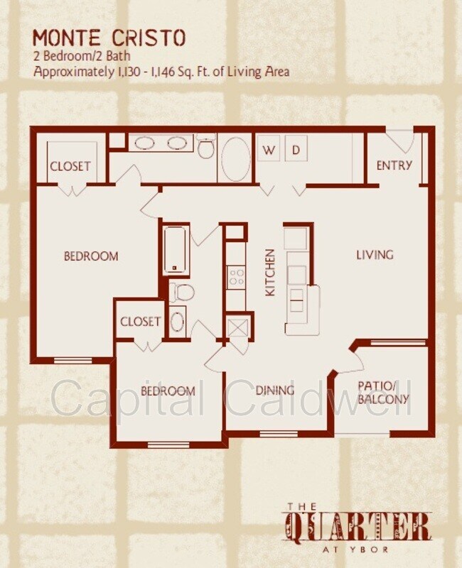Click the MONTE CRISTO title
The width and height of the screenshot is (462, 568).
[x=109, y=38]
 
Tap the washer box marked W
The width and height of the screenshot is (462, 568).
[x=269, y=148]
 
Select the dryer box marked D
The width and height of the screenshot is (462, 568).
[x=296, y=148]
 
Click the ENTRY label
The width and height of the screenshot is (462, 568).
[x=394, y=165]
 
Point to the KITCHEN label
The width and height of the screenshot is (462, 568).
[x=271, y=273]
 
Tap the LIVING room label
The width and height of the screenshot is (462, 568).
[x=375, y=255]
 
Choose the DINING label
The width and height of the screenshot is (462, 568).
[x=275, y=390]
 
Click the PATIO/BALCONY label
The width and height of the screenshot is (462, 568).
[x=383, y=393]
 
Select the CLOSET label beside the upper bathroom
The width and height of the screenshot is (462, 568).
[x=70, y=166]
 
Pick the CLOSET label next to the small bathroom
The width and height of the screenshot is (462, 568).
[x=140, y=322]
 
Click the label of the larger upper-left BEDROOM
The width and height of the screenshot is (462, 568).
[x=91, y=256]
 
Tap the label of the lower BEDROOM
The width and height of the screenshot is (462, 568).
[x=168, y=391]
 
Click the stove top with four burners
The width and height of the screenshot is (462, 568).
[x=237, y=276]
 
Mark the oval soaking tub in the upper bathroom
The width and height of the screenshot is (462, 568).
[x=236, y=159]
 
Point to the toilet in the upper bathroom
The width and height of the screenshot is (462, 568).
[x=205, y=147]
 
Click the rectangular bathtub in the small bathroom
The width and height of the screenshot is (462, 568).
[x=176, y=250]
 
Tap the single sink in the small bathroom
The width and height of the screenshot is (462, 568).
[x=177, y=322]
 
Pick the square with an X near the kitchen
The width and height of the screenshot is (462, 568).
[x=237, y=327]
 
